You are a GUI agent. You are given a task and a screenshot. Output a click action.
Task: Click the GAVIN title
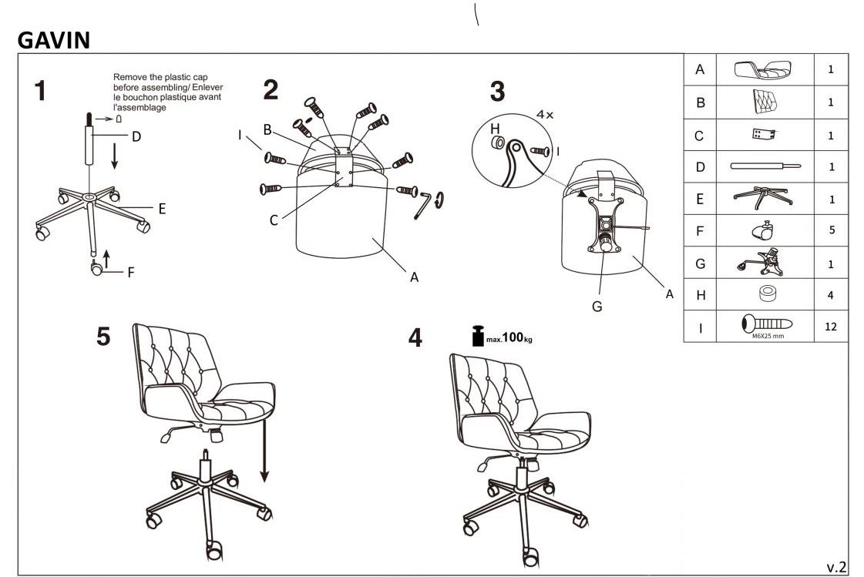[x=53, y=40]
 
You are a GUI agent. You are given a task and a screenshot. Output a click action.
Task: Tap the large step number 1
[x=40, y=91]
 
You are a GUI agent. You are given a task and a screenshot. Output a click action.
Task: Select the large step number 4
[x=415, y=337]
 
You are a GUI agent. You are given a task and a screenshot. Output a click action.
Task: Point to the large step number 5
[x=103, y=337]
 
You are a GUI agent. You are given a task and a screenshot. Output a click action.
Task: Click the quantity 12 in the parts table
[x=830, y=327]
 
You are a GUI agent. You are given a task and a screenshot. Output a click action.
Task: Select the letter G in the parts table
[x=700, y=263]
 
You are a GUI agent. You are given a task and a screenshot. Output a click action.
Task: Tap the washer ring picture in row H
[x=767, y=294]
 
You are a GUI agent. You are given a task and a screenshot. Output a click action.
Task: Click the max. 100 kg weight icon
[x=479, y=336]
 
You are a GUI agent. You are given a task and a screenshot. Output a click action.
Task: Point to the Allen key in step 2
[x=422, y=205]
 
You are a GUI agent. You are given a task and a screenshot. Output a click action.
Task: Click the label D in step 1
[x=136, y=136]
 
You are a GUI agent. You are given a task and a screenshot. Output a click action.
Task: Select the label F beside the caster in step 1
[x=130, y=272]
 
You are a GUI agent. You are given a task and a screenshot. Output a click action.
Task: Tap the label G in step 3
[x=597, y=307]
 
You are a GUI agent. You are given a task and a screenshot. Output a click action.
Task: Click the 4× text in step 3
[x=545, y=115]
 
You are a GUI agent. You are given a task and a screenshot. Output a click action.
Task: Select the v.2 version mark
[x=836, y=567]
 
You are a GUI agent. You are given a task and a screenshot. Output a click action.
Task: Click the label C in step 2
[x=274, y=220]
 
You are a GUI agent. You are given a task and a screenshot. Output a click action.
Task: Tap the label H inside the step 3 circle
[x=495, y=129]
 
